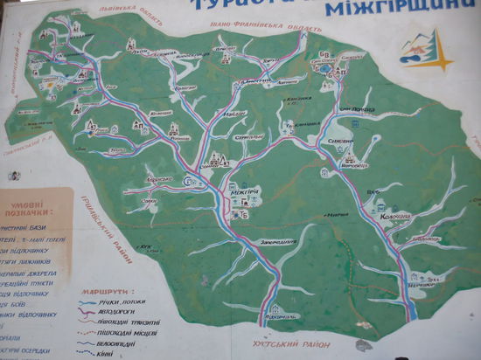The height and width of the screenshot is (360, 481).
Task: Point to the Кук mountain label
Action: pyautogui.click(x=147, y=247)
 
